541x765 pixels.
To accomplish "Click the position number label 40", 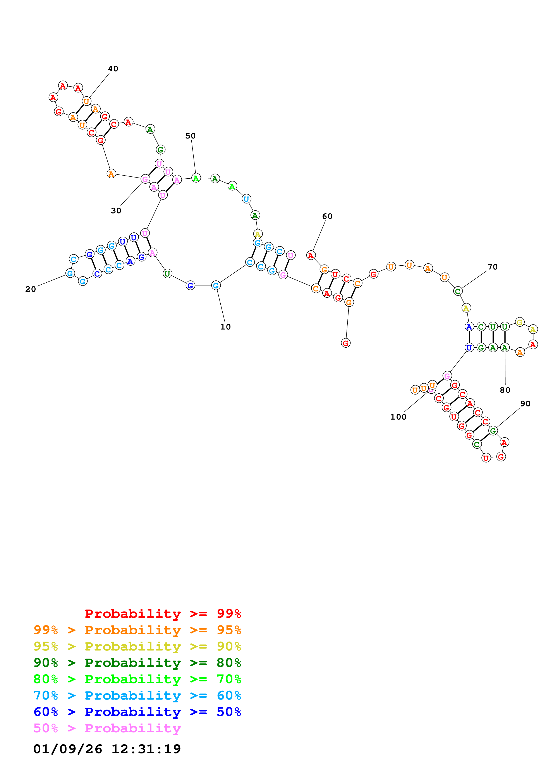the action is click(113, 69).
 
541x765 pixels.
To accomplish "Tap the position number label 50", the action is click(190, 136).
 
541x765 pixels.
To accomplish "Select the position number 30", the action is click(116, 211).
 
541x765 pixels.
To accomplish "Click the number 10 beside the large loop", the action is click(225, 327).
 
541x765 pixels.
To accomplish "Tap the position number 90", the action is click(525, 403).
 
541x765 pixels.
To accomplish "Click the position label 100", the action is click(398, 417).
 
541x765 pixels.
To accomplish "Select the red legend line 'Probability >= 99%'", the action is click(163, 613).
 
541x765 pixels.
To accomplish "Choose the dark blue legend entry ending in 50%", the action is click(137, 712).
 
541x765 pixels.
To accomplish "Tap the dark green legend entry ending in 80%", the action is click(137, 663).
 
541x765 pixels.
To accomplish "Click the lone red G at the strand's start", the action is click(346, 343).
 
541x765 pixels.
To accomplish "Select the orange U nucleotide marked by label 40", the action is click(86, 101).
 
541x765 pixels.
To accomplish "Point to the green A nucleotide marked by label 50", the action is click(196, 178).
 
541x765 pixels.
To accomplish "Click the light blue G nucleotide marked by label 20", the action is click(70, 273).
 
